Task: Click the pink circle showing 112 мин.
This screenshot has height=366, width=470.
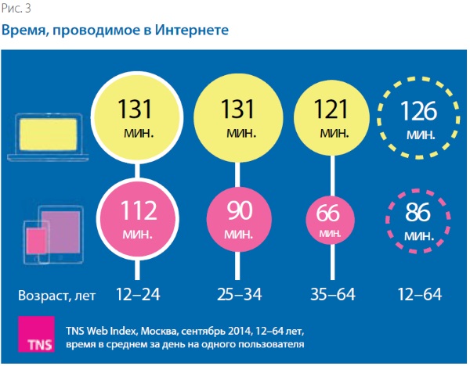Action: (x=139, y=217)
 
